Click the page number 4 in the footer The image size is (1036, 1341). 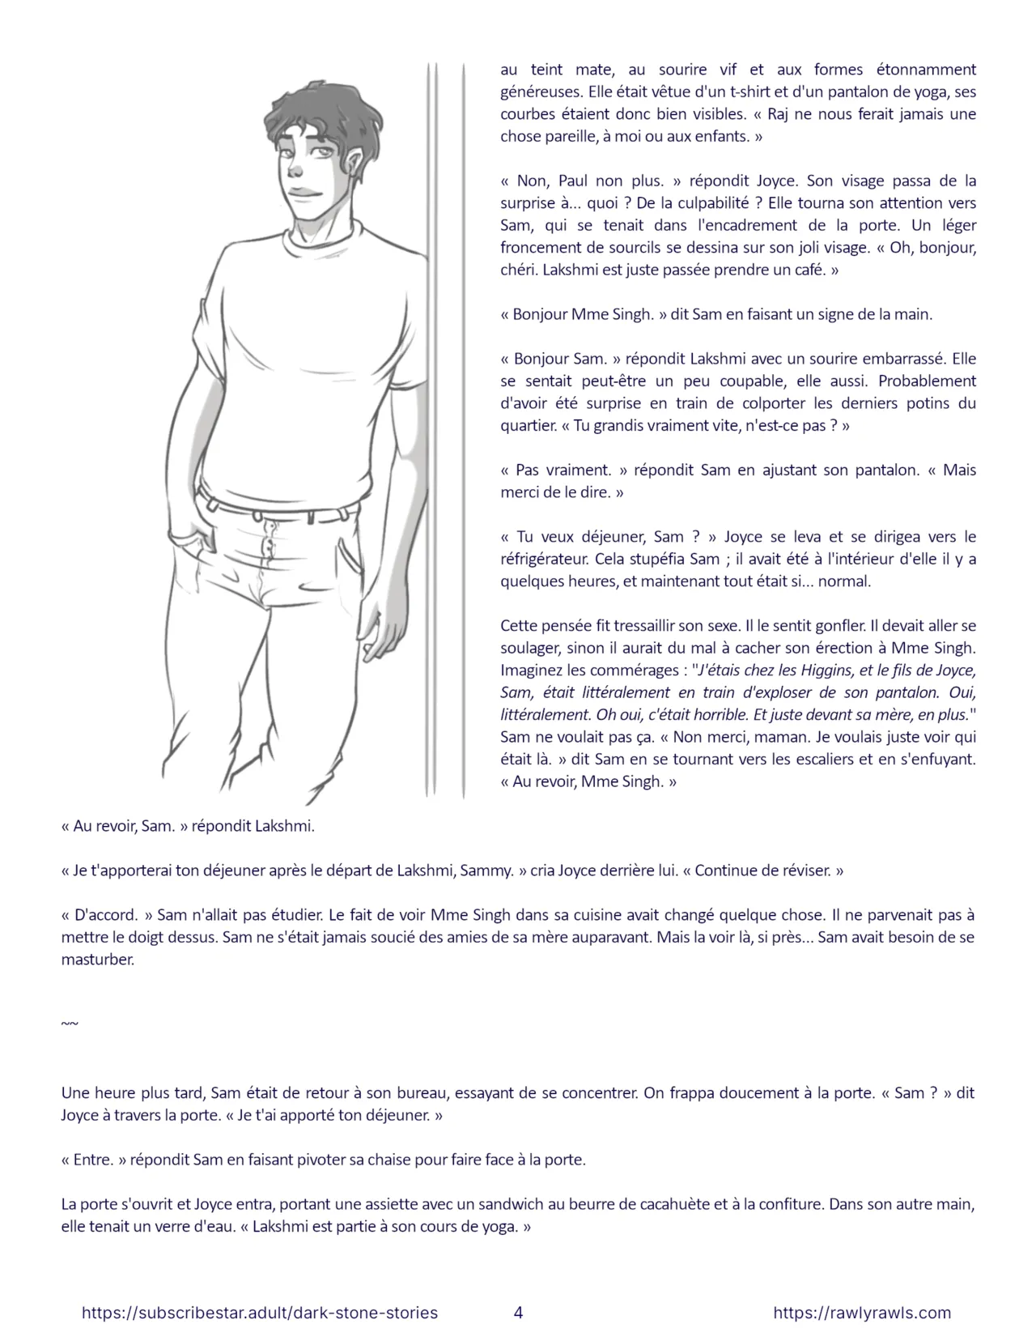518,1313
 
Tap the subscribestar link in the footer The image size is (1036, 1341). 260,1313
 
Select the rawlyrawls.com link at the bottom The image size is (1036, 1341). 862,1313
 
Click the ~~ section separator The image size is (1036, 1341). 70,1024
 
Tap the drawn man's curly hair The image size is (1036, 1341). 324,113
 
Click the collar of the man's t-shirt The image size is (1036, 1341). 324,231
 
